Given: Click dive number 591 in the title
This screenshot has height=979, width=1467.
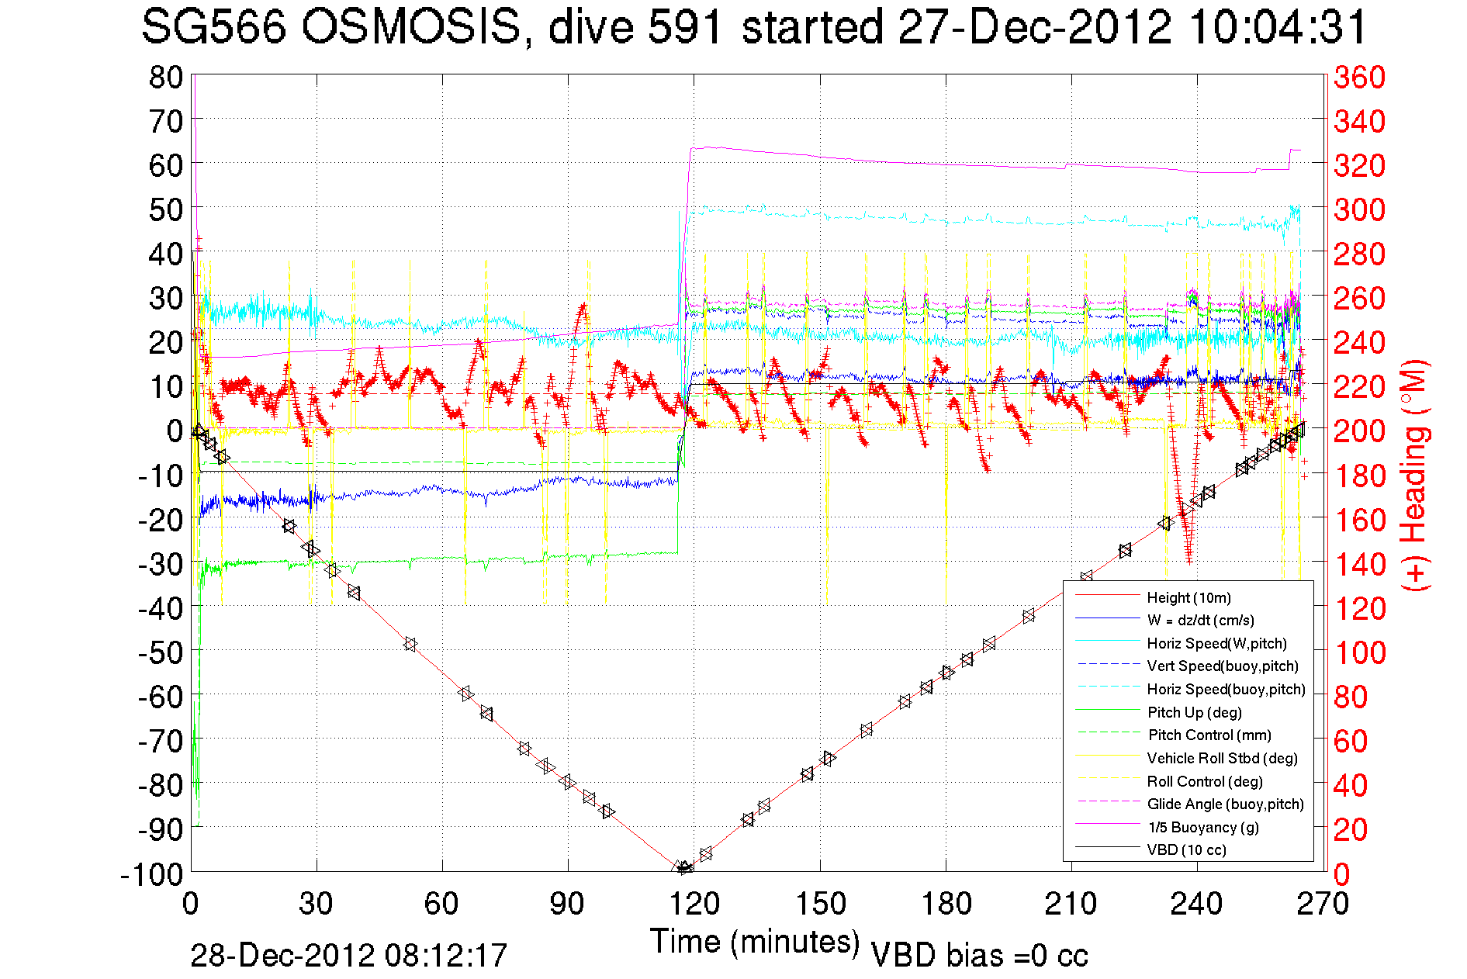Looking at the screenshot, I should (684, 28).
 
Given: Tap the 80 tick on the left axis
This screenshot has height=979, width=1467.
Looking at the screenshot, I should (165, 77).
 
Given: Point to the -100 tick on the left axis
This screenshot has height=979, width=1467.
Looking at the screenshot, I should (152, 874).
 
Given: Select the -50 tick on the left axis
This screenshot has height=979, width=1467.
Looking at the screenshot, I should (159, 652).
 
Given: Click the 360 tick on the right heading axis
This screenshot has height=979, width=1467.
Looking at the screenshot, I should (1359, 77).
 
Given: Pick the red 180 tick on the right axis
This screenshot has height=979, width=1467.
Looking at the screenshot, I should (1359, 476).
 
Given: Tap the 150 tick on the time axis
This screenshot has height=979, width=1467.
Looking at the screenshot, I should (820, 903).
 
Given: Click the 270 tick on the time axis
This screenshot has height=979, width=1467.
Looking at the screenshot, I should (1323, 903).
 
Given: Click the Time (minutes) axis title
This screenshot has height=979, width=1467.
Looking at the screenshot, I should (755, 942).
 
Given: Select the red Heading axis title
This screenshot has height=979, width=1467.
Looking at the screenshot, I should (1415, 475).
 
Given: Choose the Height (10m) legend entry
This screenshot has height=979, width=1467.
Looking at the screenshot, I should (1188, 597).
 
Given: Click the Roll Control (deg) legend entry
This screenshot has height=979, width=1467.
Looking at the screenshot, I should (1205, 781).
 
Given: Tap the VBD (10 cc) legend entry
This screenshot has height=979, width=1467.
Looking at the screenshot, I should (1186, 849).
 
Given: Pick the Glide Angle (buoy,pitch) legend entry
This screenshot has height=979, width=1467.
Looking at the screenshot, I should (1225, 804).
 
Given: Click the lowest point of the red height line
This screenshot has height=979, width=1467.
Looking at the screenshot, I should (683, 869).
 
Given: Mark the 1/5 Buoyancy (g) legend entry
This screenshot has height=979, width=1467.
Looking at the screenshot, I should (1202, 827).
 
